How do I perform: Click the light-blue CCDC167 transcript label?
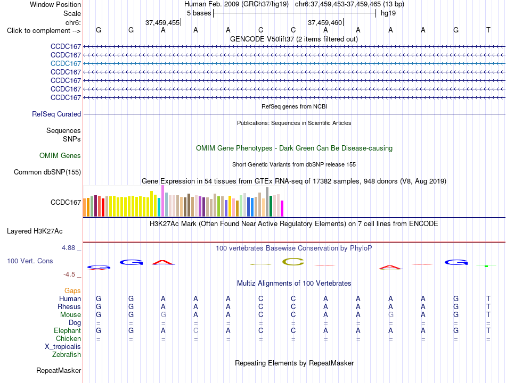click(x=66, y=63)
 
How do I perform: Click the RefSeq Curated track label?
click(x=56, y=114)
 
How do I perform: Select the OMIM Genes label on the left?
click(x=60, y=156)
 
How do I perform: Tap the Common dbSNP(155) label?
click(x=47, y=172)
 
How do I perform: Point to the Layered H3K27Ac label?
click(x=35, y=231)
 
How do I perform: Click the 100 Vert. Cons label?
click(x=30, y=261)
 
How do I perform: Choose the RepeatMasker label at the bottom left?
click(x=59, y=371)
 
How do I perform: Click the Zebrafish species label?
click(x=67, y=355)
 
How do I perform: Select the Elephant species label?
click(x=68, y=331)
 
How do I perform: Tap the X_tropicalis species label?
click(x=63, y=347)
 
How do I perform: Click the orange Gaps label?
click(x=72, y=291)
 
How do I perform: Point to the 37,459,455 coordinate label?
click(x=162, y=22)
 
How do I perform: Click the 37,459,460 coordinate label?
click(x=325, y=22)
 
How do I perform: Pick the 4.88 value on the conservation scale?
click(x=68, y=248)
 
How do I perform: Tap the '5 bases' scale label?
click(x=199, y=13)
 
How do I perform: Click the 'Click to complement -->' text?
click(x=44, y=31)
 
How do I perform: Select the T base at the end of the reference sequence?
click(x=488, y=30)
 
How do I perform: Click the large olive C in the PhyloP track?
click(x=293, y=262)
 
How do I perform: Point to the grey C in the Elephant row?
click(x=195, y=331)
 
